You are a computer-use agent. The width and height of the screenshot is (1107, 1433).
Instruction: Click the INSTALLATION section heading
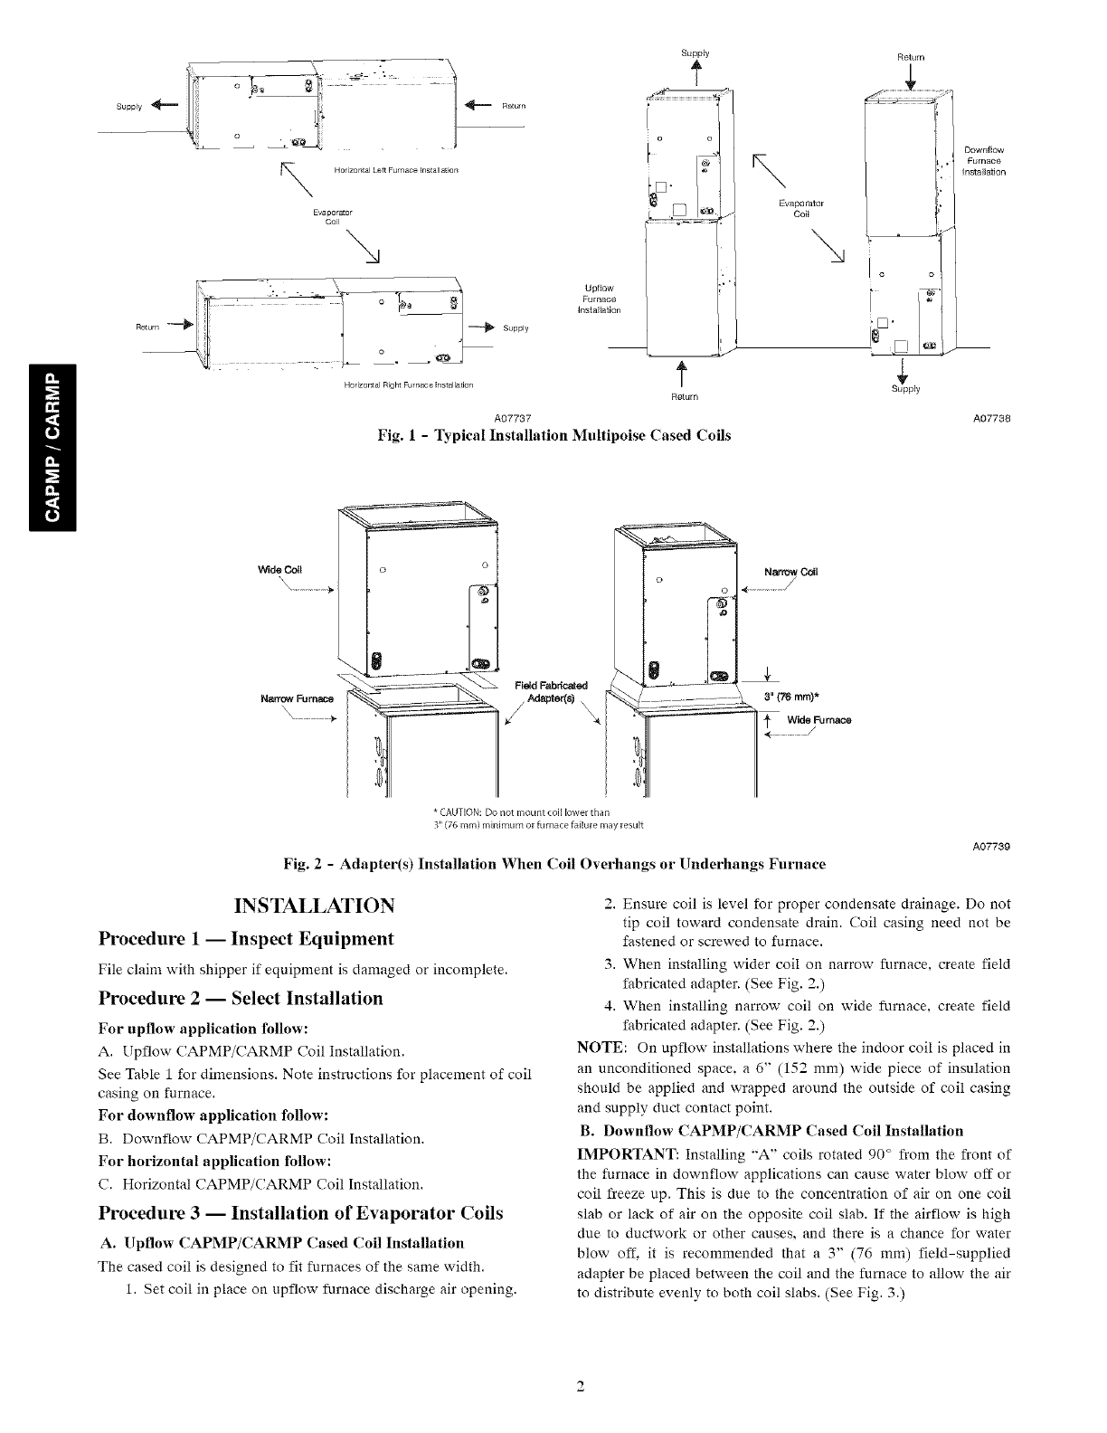314,906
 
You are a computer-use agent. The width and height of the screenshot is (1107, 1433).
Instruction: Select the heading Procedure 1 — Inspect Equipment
245,938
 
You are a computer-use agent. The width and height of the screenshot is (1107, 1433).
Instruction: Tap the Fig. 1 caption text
553,435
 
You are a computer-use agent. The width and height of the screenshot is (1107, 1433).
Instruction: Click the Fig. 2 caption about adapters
554,865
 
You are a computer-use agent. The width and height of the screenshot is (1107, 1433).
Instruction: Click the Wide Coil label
279,570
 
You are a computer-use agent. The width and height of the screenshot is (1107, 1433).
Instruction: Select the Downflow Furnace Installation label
984,160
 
